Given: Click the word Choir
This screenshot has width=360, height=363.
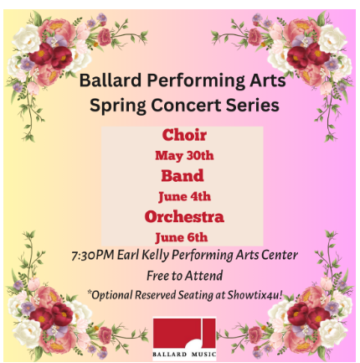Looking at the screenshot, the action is [x=184, y=135].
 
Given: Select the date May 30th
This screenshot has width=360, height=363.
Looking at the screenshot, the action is [x=184, y=156].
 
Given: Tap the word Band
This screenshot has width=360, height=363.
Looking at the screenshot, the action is [x=183, y=176].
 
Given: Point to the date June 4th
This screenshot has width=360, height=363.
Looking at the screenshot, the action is [x=184, y=196].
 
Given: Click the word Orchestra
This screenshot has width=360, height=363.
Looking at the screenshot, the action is [x=184, y=216].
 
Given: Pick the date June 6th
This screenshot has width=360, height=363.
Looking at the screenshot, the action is [x=182, y=237].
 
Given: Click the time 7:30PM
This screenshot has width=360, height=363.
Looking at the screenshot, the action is [x=93, y=255].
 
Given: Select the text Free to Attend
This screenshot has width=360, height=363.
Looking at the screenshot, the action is [x=184, y=276].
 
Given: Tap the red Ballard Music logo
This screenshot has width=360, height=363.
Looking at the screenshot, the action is [x=184, y=334].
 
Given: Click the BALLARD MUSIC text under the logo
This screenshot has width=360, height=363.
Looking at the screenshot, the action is [x=184, y=355].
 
